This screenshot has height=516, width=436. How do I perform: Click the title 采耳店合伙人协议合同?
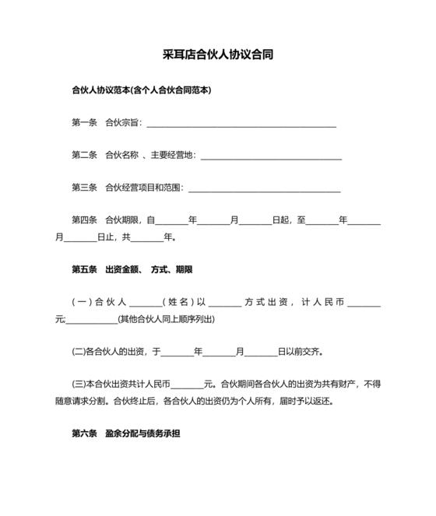pos(217,55)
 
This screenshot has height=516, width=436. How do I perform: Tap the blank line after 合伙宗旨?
pos(241,124)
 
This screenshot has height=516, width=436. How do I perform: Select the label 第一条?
pos(84,123)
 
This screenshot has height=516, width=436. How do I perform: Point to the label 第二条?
pos(84,155)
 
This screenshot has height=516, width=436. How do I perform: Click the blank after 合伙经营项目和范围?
pos(265,189)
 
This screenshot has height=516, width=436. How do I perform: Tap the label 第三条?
pos(84,188)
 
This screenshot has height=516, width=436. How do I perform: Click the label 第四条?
pos(84,220)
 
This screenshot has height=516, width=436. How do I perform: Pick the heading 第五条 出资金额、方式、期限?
pos(132,269)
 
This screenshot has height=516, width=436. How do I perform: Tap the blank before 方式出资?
pos(225,304)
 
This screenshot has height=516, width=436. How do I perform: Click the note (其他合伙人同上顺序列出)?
pos(166,320)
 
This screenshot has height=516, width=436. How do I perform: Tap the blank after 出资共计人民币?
pos(187,385)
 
